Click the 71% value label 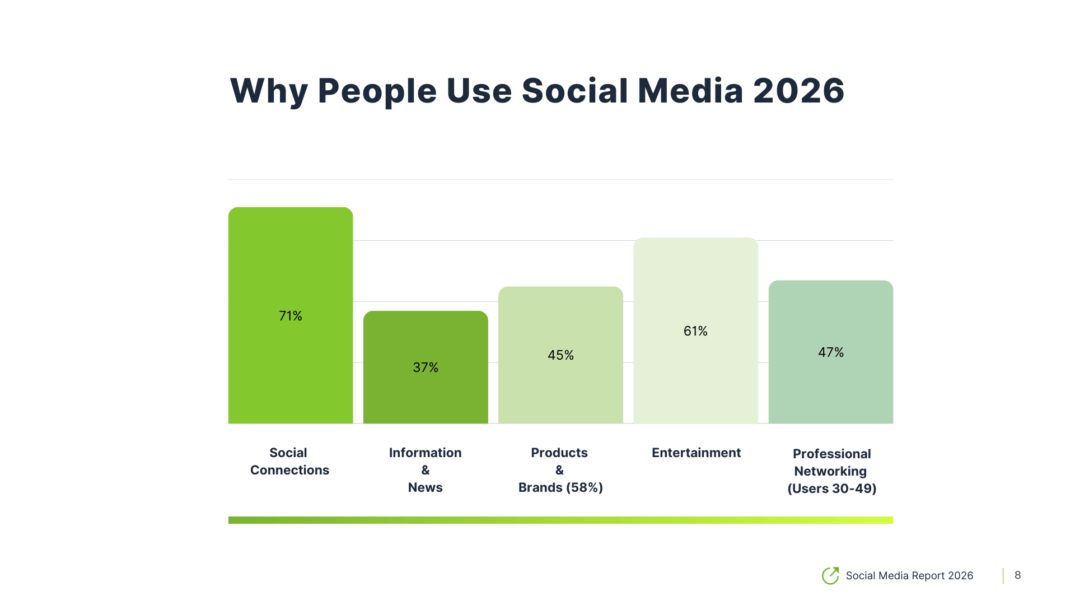pos(291,316)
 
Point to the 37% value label pos(426,367)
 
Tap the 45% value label pos(560,355)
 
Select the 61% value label pos(695,331)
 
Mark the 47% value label pos(830,352)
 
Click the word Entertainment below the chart pos(696,453)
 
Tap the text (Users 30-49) pos(831,488)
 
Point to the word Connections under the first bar pos(289,470)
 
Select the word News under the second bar pos(425,487)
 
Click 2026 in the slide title pos(798,91)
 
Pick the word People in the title pos(377,91)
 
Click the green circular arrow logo pos(830,575)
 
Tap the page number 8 pos(1017,575)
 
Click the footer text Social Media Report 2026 pos(909,575)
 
